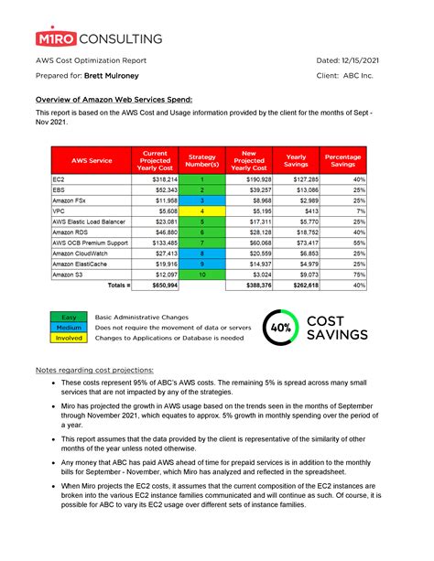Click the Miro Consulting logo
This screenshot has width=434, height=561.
coord(99,38)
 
